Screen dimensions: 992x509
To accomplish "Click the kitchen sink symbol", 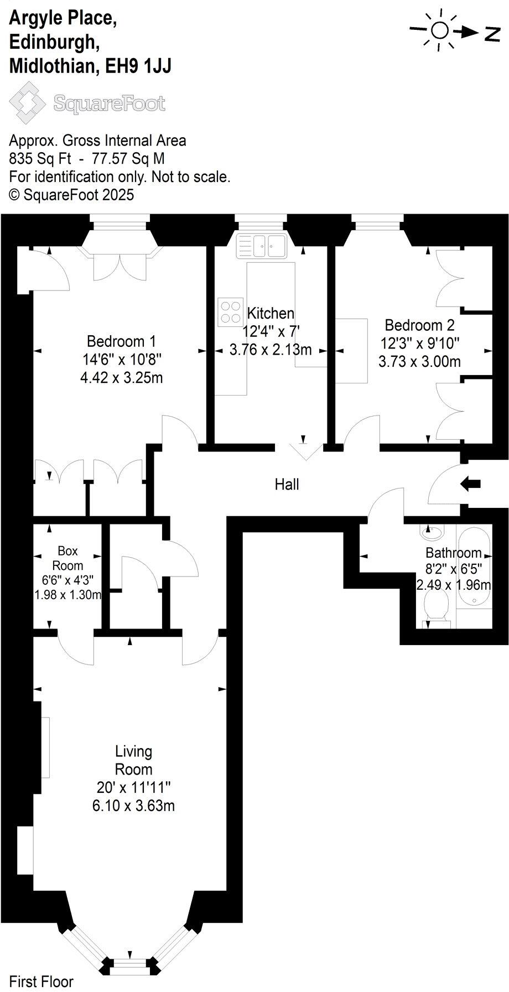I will (x=261, y=245).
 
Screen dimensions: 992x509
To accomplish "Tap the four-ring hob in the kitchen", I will (x=231, y=311).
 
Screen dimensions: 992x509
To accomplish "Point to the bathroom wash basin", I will (x=432, y=533).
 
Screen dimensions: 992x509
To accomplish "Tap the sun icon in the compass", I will (x=440, y=30).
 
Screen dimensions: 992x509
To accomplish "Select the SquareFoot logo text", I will (x=109, y=103).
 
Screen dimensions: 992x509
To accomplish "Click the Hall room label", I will (x=287, y=485).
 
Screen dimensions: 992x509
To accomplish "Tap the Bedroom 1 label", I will (x=121, y=341).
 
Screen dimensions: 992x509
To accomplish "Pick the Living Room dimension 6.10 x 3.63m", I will (x=133, y=806).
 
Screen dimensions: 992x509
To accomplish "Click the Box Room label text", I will (x=67, y=558).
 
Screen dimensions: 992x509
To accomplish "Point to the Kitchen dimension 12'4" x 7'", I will (x=271, y=331).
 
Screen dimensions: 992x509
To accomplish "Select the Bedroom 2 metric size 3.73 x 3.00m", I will (x=419, y=362).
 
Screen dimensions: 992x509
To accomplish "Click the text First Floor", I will (x=41, y=982).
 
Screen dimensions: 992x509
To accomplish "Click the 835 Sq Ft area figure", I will (x=40, y=159).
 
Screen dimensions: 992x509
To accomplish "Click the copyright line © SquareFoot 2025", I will (x=71, y=195).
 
